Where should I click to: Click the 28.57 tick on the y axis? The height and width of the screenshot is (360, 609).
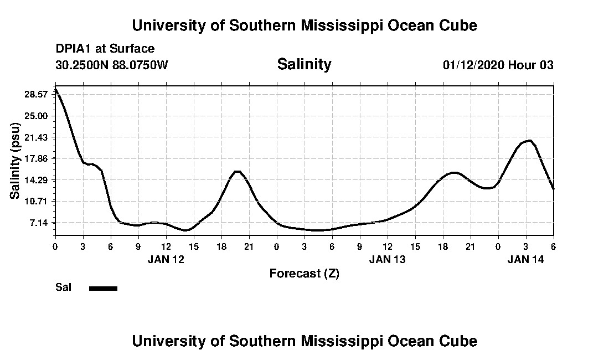coord(37,94)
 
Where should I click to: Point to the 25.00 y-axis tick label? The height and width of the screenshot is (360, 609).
coord(37,116)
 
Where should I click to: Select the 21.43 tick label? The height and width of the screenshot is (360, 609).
coord(37,137)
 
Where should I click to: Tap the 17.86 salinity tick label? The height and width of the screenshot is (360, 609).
coord(37,158)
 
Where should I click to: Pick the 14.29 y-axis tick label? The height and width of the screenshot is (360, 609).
coord(37,180)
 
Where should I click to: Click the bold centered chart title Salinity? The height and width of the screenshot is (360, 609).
coord(304,64)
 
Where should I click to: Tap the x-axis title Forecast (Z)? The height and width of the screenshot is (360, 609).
coord(304,273)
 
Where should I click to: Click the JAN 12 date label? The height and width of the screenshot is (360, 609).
coord(166,259)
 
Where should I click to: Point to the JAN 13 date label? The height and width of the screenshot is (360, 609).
coord(388,259)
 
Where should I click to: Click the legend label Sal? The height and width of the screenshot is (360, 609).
coord(63,287)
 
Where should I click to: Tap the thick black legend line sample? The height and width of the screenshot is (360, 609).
coord(103,288)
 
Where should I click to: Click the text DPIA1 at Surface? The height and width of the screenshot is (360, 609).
coord(105,49)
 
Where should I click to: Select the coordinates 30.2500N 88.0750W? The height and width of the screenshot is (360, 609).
coord(111,65)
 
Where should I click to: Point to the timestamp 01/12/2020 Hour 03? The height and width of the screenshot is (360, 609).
coord(498,65)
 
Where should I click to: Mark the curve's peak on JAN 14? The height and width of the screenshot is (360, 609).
coord(530,141)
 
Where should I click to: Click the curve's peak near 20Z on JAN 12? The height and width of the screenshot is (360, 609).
coord(237,172)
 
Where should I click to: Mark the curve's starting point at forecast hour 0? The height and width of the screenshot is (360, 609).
coord(55,89)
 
